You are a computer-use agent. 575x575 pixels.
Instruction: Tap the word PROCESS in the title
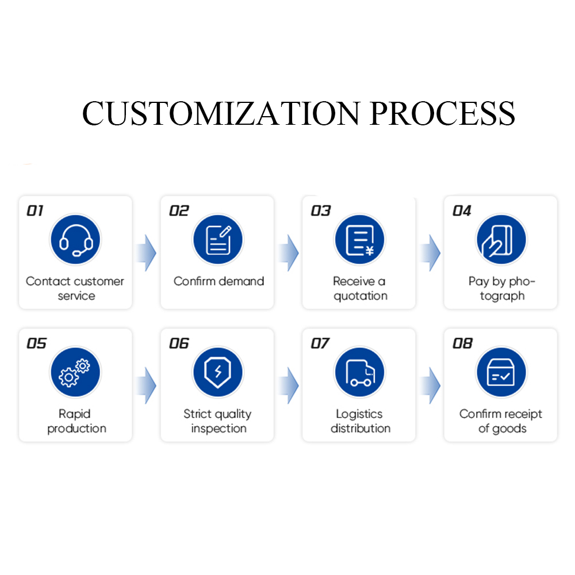(x=442, y=113)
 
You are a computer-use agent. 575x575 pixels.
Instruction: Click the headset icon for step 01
(x=75, y=240)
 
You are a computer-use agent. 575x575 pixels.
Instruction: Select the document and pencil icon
(x=217, y=240)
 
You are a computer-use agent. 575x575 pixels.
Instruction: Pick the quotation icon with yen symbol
(x=359, y=240)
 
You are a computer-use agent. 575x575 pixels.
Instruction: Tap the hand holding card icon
(x=501, y=240)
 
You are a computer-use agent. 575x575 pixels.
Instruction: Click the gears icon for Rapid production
(x=75, y=372)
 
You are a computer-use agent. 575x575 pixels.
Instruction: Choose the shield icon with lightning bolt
(x=217, y=372)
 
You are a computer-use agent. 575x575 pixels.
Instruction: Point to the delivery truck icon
(x=359, y=372)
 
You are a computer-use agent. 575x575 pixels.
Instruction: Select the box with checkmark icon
(x=501, y=372)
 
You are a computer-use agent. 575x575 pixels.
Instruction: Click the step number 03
(x=321, y=211)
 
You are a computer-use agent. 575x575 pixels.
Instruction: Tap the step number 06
(x=179, y=343)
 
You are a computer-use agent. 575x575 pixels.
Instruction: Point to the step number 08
(x=462, y=343)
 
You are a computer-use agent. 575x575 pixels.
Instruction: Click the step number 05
(x=36, y=343)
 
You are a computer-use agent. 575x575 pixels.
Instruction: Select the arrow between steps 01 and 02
(x=147, y=252)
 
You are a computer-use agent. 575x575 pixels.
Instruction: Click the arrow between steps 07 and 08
(x=431, y=385)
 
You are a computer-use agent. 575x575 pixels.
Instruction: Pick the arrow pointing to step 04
(x=431, y=252)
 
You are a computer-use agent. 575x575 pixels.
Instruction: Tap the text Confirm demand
(x=218, y=281)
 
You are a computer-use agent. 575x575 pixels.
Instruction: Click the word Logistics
(x=358, y=414)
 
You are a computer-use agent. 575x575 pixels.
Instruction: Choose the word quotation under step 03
(x=361, y=296)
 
